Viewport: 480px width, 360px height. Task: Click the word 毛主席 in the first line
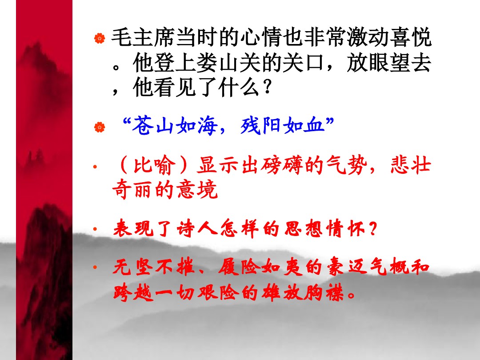tap(143, 38)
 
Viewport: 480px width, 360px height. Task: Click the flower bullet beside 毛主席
tap(100, 38)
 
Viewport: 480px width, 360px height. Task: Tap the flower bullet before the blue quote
tap(100, 127)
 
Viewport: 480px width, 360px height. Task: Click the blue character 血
tap(314, 125)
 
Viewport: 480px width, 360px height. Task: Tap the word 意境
tap(197, 189)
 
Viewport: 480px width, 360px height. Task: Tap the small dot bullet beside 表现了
tap(95, 229)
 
